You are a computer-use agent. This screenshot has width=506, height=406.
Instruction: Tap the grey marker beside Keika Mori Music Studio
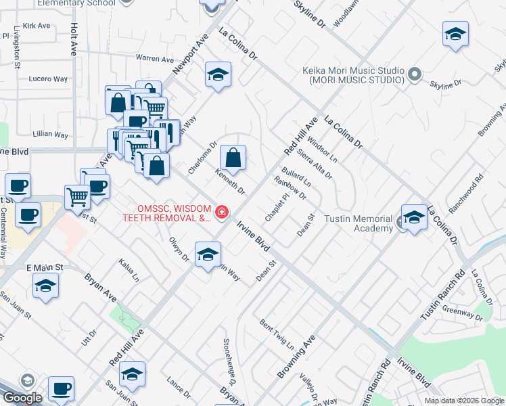(x=416, y=74)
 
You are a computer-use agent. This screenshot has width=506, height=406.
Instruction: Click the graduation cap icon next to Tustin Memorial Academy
(x=415, y=217)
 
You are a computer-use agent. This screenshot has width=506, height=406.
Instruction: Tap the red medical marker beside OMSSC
(x=222, y=212)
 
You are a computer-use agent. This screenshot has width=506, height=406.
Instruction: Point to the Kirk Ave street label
(x=37, y=26)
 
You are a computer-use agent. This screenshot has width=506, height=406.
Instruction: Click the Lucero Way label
(x=48, y=79)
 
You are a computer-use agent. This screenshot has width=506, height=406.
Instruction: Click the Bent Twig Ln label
(x=277, y=334)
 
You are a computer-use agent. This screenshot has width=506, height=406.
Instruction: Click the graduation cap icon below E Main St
(x=45, y=285)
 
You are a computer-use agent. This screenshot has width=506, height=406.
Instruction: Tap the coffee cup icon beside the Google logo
(x=62, y=388)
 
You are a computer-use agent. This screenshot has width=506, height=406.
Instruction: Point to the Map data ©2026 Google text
(x=463, y=401)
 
